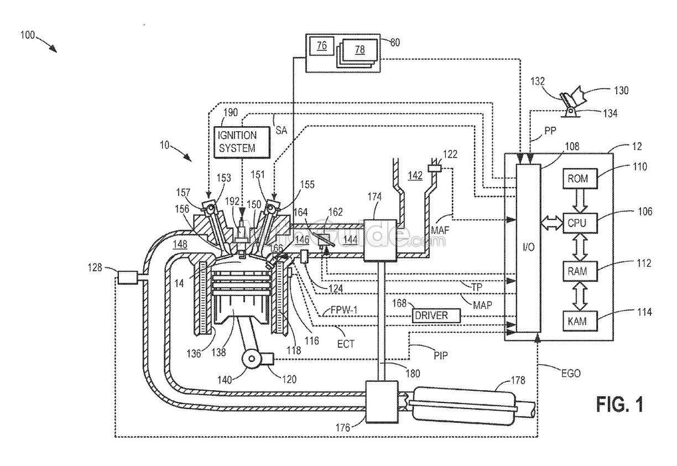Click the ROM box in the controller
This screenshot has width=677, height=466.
(x=577, y=178)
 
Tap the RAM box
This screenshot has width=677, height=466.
(x=577, y=271)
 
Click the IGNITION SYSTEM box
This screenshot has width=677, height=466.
(x=242, y=142)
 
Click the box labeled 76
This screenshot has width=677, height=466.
(x=321, y=47)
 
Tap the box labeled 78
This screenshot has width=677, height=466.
(x=360, y=50)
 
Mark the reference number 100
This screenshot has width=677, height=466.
(x=27, y=36)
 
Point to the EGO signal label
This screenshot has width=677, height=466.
(x=569, y=374)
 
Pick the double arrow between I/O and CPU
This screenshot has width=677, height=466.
(x=551, y=223)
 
